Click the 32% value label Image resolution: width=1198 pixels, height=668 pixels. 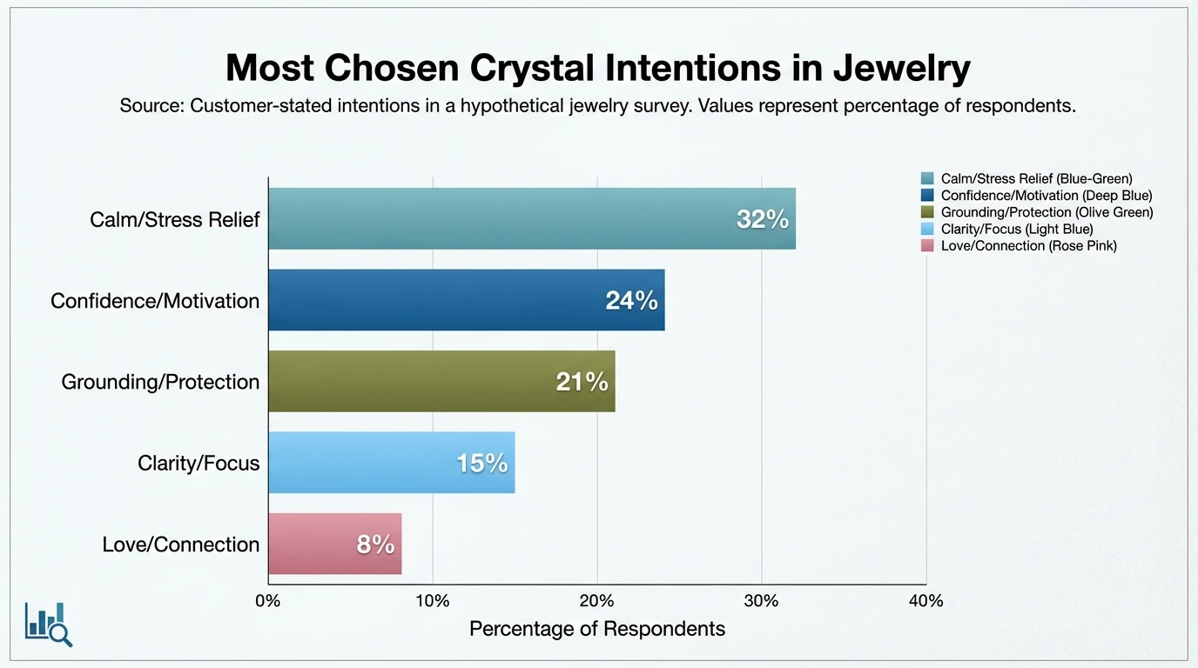(762, 220)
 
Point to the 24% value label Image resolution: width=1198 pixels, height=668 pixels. (631, 301)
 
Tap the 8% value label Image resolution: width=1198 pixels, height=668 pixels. (375, 545)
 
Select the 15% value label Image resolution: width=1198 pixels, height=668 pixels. (481, 464)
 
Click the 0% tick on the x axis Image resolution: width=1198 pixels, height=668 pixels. (268, 601)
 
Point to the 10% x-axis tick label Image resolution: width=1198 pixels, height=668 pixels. (433, 601)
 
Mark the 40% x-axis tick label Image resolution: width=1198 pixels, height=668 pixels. (925, 601)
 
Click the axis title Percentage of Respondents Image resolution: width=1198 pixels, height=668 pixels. (597, 629)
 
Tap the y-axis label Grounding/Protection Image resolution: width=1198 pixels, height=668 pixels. (160, 382)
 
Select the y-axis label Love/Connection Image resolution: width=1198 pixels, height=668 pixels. (181, 544)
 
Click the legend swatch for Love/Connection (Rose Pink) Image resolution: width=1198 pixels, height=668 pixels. (926, 246)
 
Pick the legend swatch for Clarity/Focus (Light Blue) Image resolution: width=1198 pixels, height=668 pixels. (926, 230)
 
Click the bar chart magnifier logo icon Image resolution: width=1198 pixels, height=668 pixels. (49, 624)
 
